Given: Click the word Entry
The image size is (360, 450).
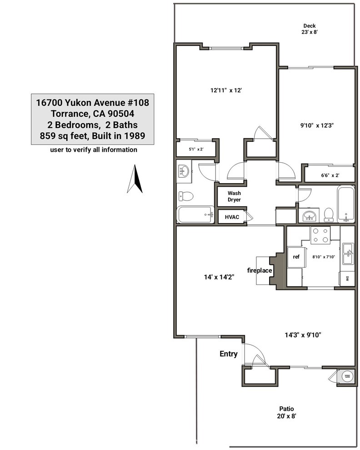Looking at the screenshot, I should [x=228, y=354].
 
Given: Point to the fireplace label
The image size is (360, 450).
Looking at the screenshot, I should [x=260, y=270].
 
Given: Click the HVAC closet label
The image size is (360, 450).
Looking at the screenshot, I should [x=232, y=217].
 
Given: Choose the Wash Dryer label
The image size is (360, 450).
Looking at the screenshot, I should [x=235, y=196].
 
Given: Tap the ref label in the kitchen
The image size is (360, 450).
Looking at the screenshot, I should [x=296, y=257].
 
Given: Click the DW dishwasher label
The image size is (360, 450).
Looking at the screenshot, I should [x=347, y=278].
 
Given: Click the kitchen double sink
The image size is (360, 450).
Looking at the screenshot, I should [x=348, y=254].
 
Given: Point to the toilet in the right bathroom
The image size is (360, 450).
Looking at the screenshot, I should [x=329, y=214].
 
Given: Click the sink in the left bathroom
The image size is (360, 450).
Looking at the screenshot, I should [x=185, y=171].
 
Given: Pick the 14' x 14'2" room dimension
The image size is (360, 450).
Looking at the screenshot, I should [x=215, y=277].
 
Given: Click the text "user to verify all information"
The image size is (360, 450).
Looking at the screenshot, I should [x=94, y=150].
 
